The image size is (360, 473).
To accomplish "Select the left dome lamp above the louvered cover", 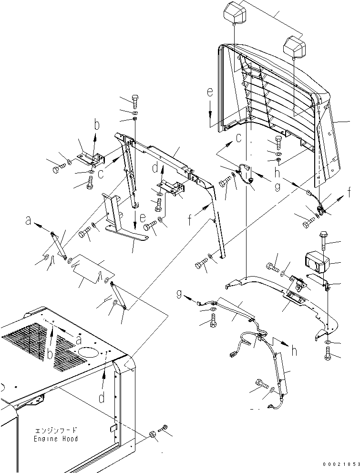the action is point(235,11).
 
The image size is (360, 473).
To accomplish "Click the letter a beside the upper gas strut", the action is point(28,221).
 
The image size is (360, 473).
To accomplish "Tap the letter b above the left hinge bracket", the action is point(97,126).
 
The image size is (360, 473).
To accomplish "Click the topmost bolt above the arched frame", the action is point(135,102).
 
